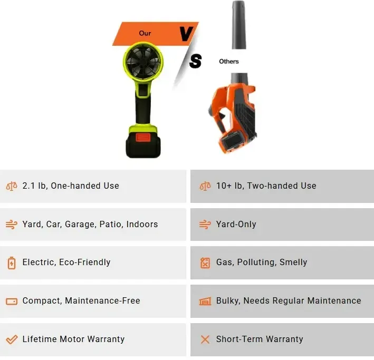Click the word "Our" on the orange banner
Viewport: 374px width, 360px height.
coord(145,33)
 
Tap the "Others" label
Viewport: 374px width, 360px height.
coord(229,62)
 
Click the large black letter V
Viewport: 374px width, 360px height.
coord(186,34)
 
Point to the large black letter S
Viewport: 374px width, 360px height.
coord(195,61)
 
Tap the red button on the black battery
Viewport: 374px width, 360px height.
coord(143,138)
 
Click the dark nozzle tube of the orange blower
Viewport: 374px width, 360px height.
coord(239,25)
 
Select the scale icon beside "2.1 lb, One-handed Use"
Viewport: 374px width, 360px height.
coord(12,186)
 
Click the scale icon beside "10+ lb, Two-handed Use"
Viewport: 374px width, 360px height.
coord(205,186)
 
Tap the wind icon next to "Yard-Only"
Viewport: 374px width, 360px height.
coord(205,225)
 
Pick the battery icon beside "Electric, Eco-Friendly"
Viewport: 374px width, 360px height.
coord(12,263)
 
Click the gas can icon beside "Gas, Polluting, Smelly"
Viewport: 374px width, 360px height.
coord(205,263)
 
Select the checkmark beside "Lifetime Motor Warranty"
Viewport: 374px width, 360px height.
coord(12,339)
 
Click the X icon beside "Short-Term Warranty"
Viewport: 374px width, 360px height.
coord(205,339)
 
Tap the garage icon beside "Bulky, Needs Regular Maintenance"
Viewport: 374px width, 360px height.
coord(205,301)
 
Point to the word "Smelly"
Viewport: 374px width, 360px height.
coord(293,262)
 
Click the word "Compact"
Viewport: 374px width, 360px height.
coord(42,301)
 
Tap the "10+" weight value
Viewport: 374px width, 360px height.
coord(224,186)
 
